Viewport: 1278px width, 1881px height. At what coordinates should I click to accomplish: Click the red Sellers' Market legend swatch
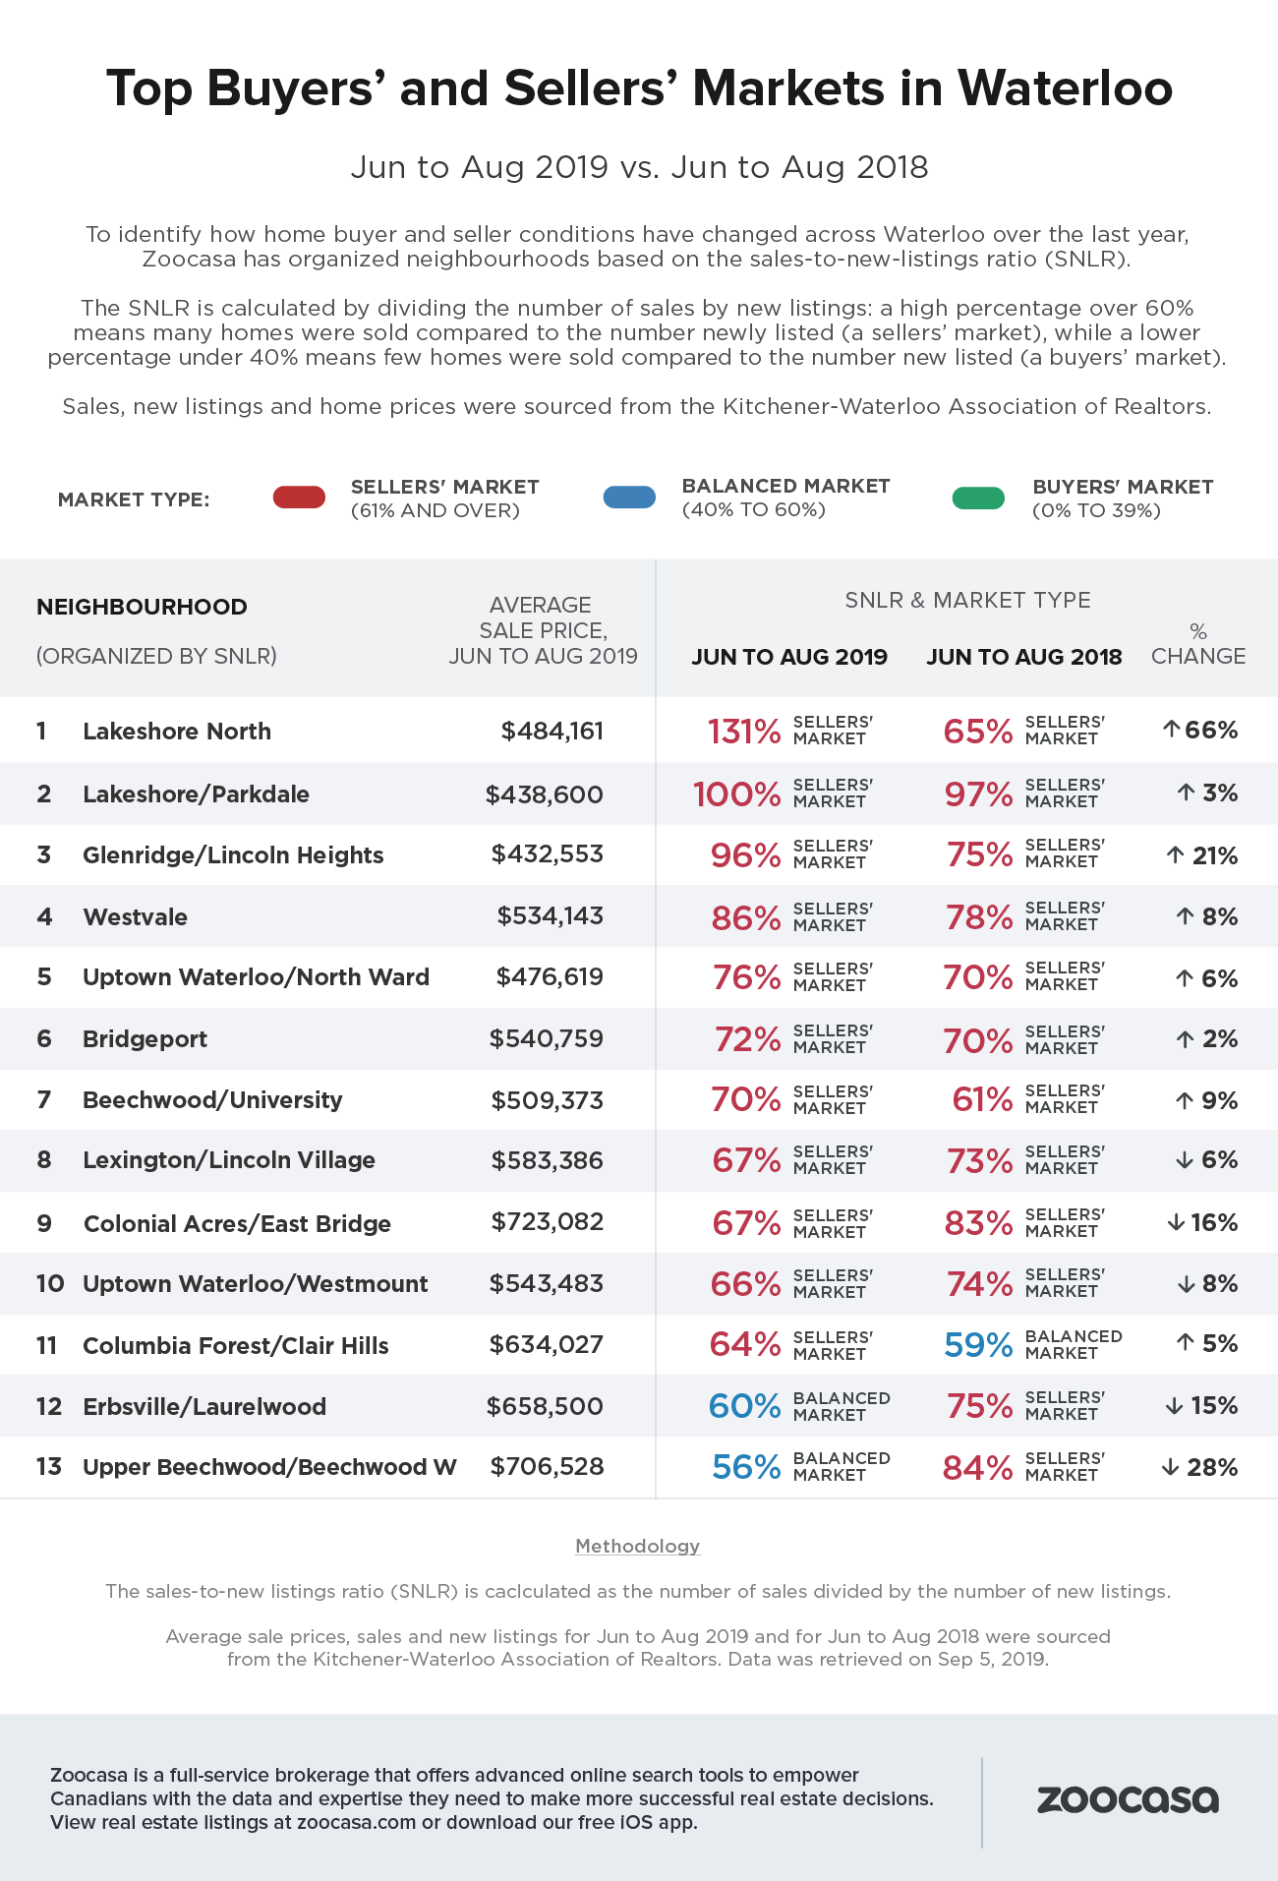[x=299, y=498]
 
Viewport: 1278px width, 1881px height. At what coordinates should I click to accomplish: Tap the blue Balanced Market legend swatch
[x=629, y=498]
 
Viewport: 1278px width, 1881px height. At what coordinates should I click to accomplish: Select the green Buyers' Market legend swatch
[x=978, y=499]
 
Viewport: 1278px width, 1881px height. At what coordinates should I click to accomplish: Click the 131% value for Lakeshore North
[x=744, y=732]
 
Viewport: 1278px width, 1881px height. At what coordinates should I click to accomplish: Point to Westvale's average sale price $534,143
[x=550, y=916]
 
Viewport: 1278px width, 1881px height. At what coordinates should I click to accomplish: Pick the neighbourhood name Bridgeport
[x=145, y=1039]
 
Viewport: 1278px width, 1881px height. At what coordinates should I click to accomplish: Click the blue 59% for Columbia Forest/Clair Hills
[x=978, y=1344]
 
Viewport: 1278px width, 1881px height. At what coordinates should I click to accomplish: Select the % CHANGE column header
[x=1198, y=644]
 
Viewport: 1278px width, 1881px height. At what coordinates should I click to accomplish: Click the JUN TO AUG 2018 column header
[x=1023, y=657]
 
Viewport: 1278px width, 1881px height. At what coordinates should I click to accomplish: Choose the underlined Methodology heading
[x=637, y=1546]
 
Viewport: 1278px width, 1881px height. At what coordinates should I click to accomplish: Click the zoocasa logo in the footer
[x=1128, y=1799]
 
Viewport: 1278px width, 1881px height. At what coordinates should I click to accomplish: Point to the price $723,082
[x=548, y=1222]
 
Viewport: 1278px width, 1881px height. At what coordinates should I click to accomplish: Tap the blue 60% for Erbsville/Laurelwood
[x=744, y=1406]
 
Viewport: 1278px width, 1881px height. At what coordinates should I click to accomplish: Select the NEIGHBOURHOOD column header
[x=142, y=607]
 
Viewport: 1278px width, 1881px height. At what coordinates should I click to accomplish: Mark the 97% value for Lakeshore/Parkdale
[x=978, y=794]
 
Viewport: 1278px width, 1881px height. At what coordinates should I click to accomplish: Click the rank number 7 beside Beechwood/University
[x=43, y=1100]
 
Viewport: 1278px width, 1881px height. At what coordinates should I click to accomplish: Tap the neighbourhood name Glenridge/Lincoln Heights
[x=233, y=855]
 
